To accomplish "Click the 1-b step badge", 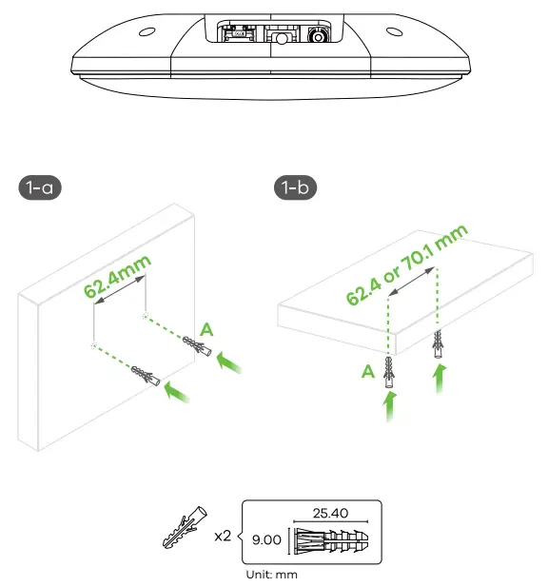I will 295,188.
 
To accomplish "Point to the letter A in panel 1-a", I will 206,329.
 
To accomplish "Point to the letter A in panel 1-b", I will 367,374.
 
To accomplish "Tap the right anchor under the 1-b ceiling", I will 438,344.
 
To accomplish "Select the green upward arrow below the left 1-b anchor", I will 388,411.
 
